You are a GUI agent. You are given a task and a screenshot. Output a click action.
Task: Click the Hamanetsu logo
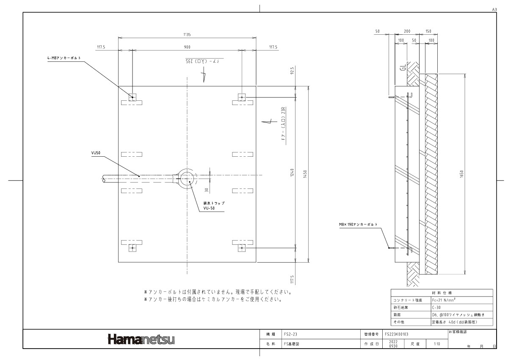point(141,339)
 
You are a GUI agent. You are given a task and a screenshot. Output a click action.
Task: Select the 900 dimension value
point(187,47)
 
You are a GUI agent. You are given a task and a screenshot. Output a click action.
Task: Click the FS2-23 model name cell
point(293,334)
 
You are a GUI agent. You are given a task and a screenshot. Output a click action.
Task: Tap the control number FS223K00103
point(396,334)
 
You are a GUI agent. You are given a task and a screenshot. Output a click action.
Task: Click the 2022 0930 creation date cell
point(393,343)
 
